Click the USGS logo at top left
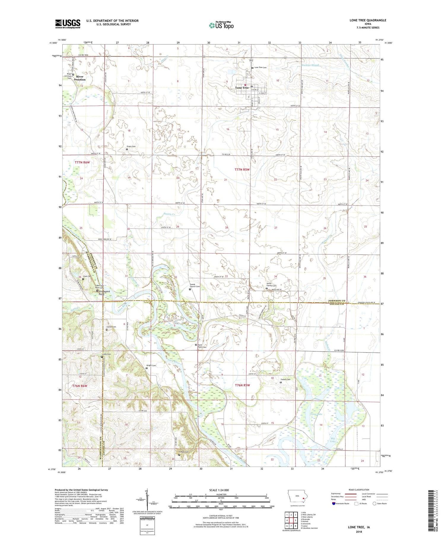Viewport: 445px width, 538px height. point(68,24)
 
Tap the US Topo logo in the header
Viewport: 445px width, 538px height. point(221,25)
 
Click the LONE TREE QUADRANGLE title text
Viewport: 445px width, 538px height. point(368,20)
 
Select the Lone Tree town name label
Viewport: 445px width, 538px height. point(242,88)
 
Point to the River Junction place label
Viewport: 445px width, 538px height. point(80,78)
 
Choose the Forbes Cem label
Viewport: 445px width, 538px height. point(285,380)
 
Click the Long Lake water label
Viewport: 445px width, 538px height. point(316,414)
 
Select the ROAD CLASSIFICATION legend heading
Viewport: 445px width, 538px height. point(359,490)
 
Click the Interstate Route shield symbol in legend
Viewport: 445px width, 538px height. point(334,504)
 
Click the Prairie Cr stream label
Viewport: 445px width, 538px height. point(169,214)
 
